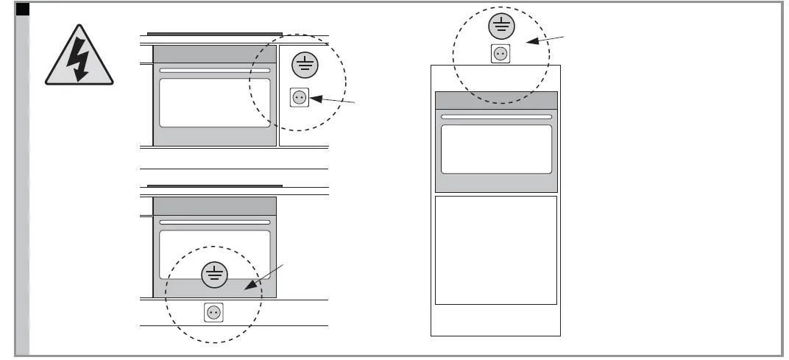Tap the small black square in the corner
coord(22,10)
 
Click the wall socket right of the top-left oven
coord(300,98)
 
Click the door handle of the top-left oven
coord(215,71)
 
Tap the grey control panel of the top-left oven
coord(215,54)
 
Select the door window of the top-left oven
coord(215,103)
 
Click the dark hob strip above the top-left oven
coord(215,33)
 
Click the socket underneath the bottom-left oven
coord(213,312)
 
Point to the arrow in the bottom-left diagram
coord(266,280)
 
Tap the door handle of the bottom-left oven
coord(215,222)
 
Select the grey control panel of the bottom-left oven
coord(215,205)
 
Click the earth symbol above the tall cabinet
coord(500,27)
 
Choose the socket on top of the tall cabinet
coord(500,54)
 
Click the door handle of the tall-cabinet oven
coord(496,116)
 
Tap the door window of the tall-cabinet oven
coord(496,149)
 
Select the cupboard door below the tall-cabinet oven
coord(496,250)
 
